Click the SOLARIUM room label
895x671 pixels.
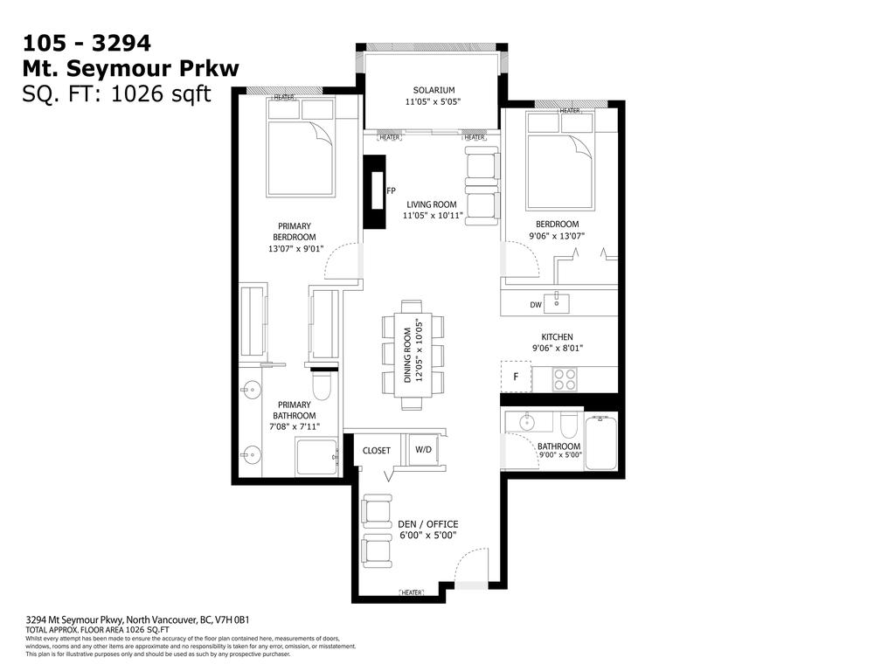(434, 90)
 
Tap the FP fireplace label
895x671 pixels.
(391, 190)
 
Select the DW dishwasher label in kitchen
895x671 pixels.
(535, 305)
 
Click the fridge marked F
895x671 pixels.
(516, 377)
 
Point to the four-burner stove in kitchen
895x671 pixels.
(565, 379)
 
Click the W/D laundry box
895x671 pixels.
(422, 450)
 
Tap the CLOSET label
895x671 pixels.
(377, 450)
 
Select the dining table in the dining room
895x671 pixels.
(412, 355)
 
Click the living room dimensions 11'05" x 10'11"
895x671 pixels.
(433, 216)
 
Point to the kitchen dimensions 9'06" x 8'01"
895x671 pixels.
(557, 349)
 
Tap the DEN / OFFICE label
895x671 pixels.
(427, 524)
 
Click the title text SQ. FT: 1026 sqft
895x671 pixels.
(116, 94)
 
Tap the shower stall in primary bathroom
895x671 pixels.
(316, 456)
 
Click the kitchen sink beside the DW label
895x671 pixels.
(556, 303)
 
